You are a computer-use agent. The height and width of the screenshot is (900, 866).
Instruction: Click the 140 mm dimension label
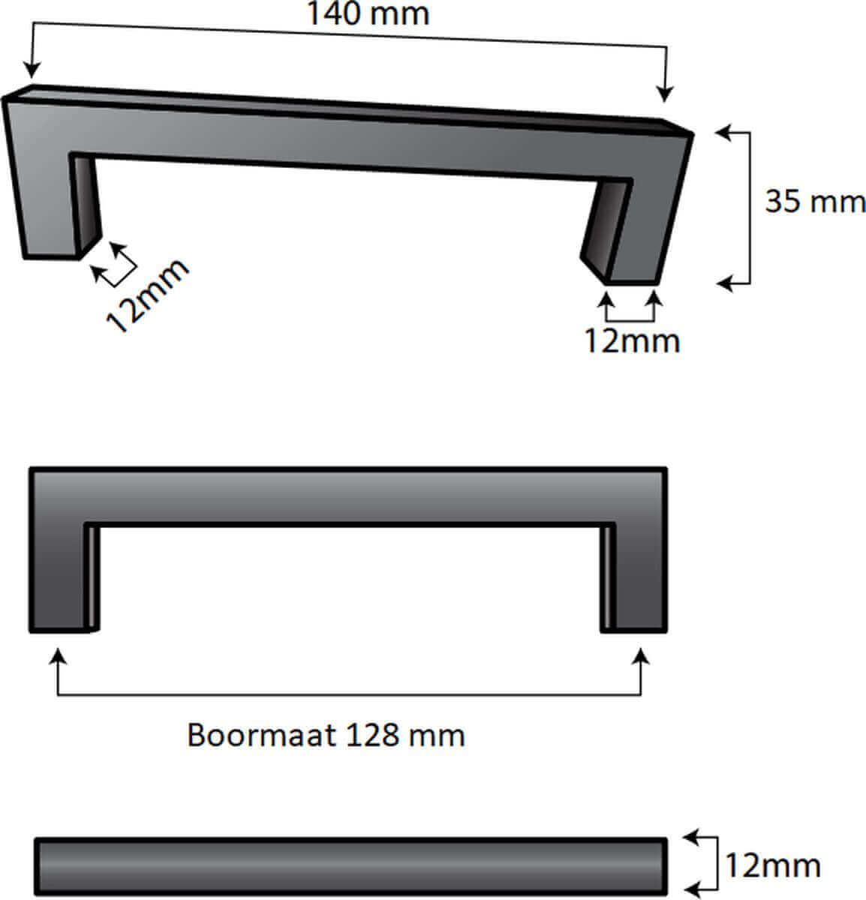[368, 14]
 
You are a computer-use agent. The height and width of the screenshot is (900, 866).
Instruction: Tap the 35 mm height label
[814, 201]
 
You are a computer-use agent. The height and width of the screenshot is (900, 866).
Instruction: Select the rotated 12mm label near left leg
[147, 295]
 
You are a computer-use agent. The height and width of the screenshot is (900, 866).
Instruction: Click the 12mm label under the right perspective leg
[632, 341]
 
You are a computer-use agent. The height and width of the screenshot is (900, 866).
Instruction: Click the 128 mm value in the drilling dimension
[405, 735]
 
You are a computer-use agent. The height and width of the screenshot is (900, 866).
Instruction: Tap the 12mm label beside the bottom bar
[772, 866]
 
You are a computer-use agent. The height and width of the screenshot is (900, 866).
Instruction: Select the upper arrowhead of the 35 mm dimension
[722, 133]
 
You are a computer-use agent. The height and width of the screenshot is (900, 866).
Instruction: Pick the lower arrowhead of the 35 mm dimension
[723, 283]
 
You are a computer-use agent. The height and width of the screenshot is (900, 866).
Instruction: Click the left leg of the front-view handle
[58, 577]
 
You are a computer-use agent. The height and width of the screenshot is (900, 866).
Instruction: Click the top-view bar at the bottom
[350, 865]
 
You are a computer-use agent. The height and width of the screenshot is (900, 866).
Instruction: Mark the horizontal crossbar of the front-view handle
[347, 495]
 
